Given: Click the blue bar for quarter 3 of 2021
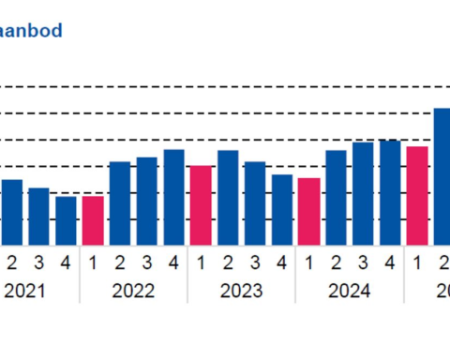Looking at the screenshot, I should point(38,217).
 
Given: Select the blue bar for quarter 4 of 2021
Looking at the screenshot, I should point(66,220).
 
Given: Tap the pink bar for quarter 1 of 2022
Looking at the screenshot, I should point(93,220).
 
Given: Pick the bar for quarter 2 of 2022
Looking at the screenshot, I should point(120,203).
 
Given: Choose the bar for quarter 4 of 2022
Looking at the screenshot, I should point(173,197).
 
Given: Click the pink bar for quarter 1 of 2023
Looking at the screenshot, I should point(201,205).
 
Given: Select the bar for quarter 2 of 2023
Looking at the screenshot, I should point(228,198).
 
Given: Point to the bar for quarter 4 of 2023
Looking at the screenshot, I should point(282,210).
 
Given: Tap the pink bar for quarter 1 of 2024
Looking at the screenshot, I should point(309,212).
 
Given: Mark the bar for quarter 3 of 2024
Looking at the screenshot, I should point(363,193).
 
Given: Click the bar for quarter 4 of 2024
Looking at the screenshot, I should point(390,192).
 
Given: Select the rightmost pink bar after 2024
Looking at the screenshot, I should point(417,195).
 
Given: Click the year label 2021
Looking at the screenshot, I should point(25,292).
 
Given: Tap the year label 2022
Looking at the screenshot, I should point(133,292).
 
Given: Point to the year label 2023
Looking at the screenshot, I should point(242,292).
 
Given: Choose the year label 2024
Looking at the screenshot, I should point(350,292).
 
